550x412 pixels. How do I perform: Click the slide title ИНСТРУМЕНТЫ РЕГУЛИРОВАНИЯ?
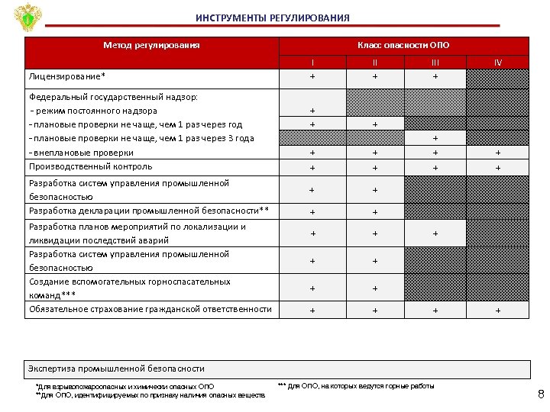pyautogui.click(x=273, y=18)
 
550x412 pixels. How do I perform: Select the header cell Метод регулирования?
pyautogui.click(x=151, y=45)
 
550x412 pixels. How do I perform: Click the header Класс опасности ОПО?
pyautogui.click(x=403, y=45)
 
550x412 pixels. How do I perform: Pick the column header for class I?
pyautogui.click(x=312, y=63)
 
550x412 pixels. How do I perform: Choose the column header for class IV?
pyautogui.click(x=497, y=63)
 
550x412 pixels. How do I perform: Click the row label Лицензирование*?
pyautogui.click(x=67, y=77)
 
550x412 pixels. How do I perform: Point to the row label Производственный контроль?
pyautogui.click(x=90, y=166)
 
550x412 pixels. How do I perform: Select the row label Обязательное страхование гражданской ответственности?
pyautogui.click(x=150, y=309)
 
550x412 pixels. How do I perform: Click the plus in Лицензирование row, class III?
pyautogui.click(x=435, y=77)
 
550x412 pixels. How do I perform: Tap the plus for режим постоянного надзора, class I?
pyautogui.click(x=312, y=111)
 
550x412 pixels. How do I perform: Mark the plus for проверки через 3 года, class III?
pyautogui.click(x=435, y=139)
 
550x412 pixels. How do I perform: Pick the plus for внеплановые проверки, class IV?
pyautogui.click(x=497, y=153)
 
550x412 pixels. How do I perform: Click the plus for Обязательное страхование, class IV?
pyautogui.click(x=497, y=311)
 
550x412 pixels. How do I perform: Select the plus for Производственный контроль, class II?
pyautogui.click(x=374, y=167)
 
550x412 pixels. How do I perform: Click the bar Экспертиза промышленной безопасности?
pyautogui.click(x=116, y=369)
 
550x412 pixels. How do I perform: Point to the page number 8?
pyautogui.click(x=541, y=394)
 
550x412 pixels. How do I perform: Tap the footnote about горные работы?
pyautogui.click(x=355, y=386)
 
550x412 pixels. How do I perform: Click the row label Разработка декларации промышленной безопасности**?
pyautogui.click(x=149, y=211)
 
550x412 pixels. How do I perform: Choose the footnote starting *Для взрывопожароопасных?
pyautogui.click(x=125, y=387)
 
